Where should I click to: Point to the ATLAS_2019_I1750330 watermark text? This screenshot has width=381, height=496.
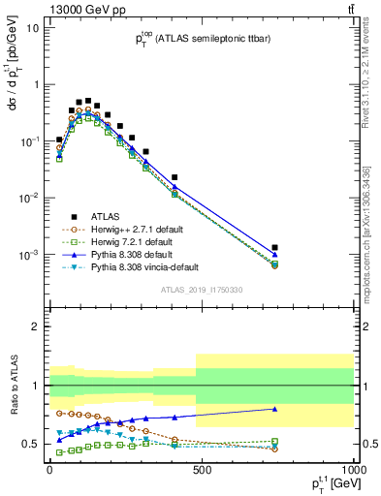pos(201,290)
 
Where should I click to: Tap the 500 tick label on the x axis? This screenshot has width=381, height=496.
pos(201,470)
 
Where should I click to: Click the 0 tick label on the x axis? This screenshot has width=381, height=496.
pos(49,470)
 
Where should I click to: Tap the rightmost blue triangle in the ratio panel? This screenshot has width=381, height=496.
pos(275,409)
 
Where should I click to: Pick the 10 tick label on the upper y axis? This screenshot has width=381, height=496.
pos(33,27)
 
